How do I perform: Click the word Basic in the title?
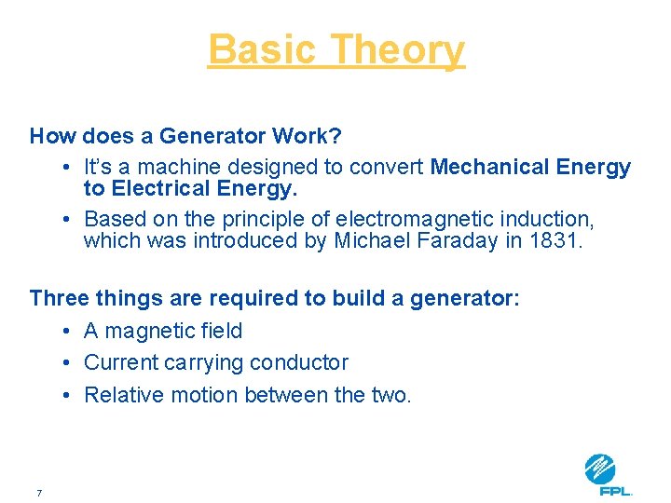coord(264,49)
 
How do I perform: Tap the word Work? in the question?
coord(307,136)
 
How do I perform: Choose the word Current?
coord(120,363)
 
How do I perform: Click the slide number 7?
coord(39,493)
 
